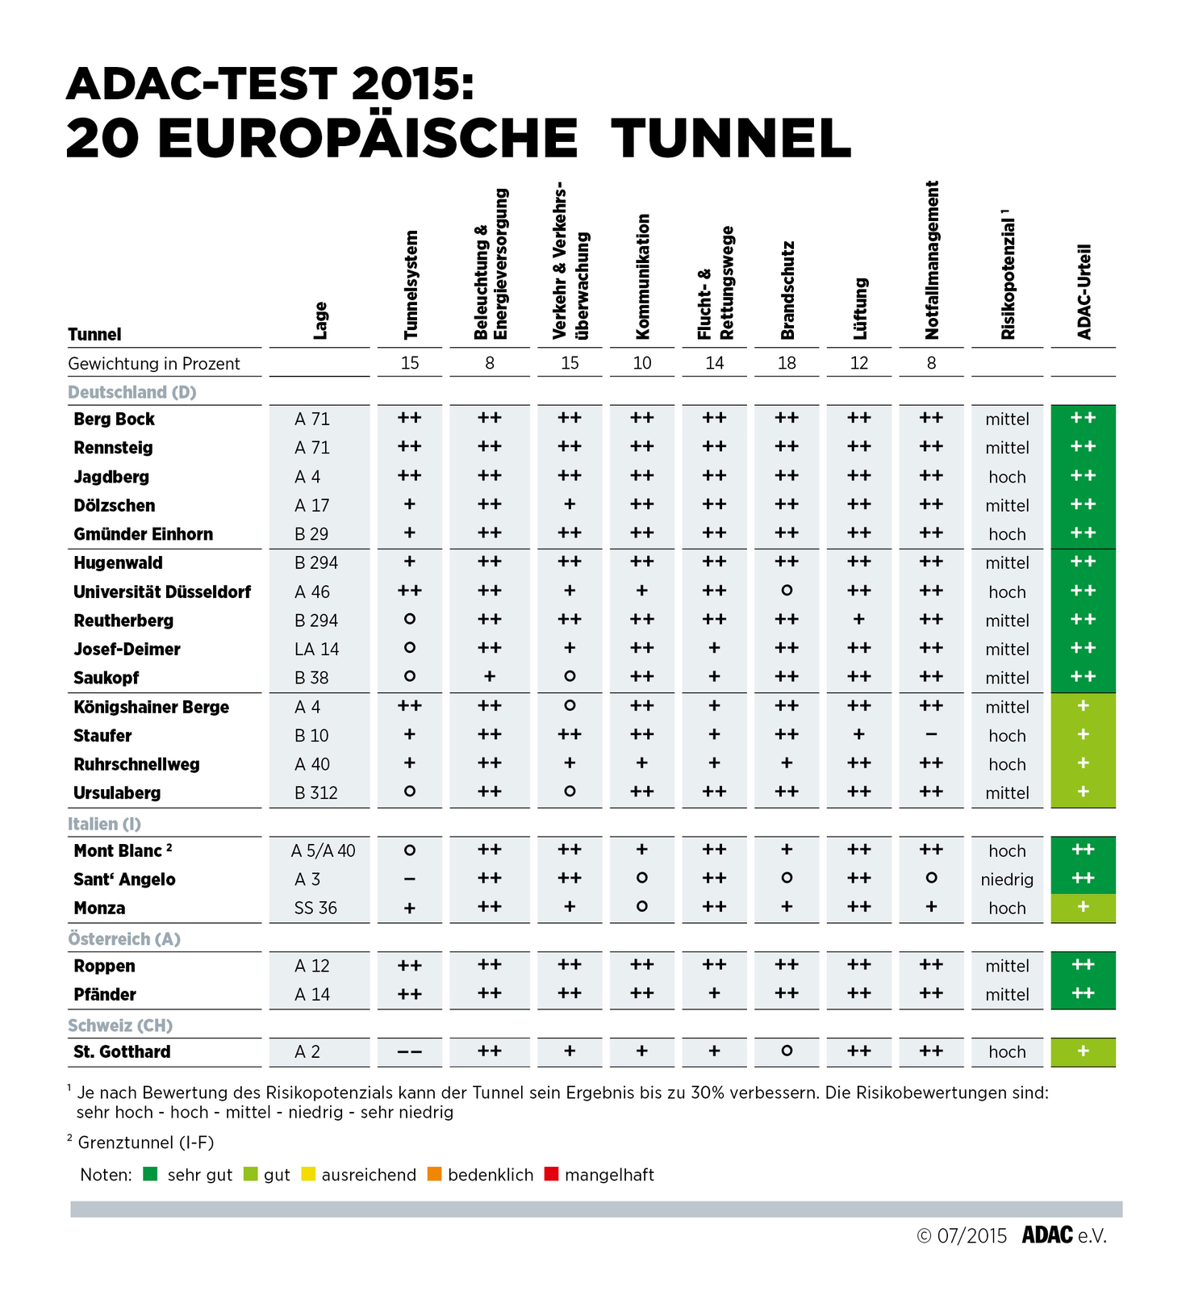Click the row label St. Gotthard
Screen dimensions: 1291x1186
122,1052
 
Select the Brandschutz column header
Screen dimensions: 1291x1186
787,290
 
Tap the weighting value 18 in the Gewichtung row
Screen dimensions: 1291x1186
787,363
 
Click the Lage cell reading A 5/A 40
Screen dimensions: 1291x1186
323,851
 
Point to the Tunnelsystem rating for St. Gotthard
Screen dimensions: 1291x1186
410,1052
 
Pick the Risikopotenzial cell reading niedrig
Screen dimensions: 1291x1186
1007,879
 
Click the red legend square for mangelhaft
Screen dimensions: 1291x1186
552,1175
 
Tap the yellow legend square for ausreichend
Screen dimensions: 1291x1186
308,1175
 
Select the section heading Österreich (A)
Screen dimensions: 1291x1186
124,939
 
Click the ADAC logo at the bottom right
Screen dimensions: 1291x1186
1047,1235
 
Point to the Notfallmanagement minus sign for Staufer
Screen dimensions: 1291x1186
931,735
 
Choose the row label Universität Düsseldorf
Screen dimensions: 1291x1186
162,592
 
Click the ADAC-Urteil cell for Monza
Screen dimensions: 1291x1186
1083,908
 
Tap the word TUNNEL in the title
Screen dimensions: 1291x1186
731,138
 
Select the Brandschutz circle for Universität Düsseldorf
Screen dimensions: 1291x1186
787,591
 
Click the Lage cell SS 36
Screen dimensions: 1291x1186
315,909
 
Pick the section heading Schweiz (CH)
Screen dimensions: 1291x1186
120,1026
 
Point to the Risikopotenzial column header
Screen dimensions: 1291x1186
1007,278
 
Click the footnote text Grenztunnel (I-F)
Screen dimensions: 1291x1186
145,1143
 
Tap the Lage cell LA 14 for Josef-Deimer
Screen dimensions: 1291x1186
316,650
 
